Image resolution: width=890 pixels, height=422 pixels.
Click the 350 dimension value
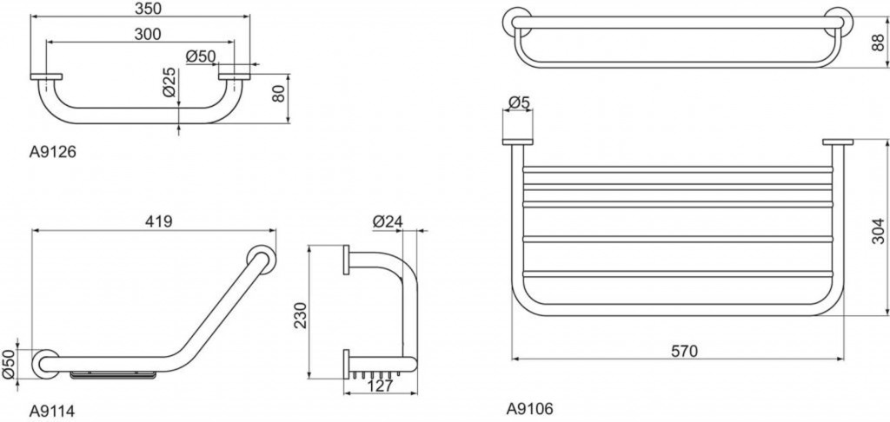point(148,8)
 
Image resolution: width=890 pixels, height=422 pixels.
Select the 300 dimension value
point(148,34)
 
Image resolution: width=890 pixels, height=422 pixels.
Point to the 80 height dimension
point(277,94)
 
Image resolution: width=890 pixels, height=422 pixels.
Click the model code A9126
point(52,153)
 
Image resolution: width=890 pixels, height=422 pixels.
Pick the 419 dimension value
point(158,221)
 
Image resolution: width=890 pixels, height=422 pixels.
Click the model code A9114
point(51,411)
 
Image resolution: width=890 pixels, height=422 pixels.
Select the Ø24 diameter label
point(388,221)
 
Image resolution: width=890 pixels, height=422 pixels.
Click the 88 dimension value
point(878,43)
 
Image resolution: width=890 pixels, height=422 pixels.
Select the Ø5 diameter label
point(519,102)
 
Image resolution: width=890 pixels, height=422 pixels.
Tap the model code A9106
point(529,408)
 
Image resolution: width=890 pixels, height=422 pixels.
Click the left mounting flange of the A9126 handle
point(47,76)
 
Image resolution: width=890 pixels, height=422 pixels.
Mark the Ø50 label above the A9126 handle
point(201,56)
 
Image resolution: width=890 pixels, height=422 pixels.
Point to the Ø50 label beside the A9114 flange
point(8,365)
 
